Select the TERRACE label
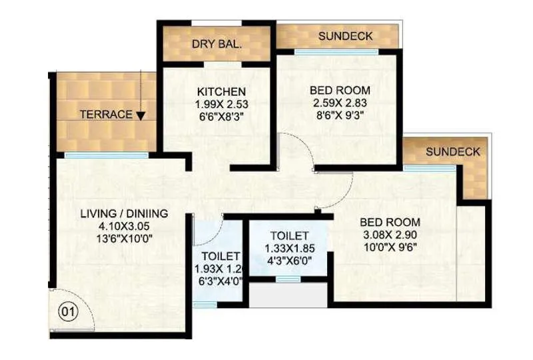click(106, 115)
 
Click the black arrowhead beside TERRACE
click(141, 115)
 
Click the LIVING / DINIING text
click(124, 214)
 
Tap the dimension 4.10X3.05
click(124, 226)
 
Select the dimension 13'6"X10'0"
click(124, 238)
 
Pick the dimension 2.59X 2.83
click(340, 103)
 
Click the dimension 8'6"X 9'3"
click(340, 115)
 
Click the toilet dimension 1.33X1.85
click(288, 248)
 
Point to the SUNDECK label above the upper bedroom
click(345, 36)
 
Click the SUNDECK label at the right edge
click(453, 152)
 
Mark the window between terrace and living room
click(107, 155)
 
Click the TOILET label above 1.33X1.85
click(289, 236)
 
